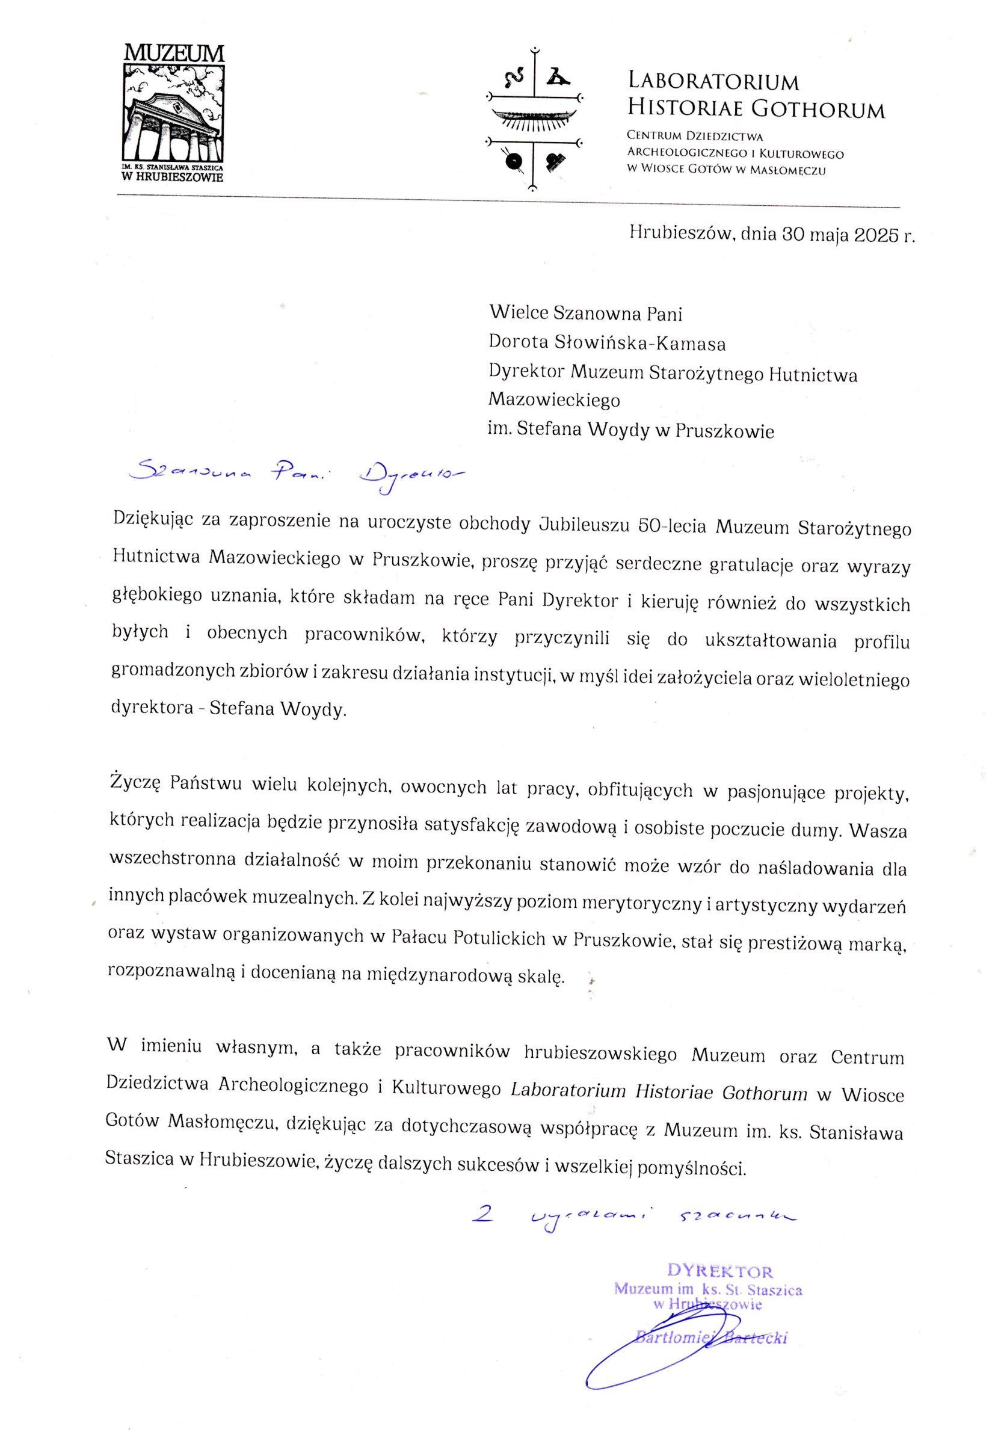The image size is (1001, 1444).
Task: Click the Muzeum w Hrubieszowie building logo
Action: coord(174,113)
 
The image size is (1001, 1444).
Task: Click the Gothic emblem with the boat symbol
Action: coord(534,117)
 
